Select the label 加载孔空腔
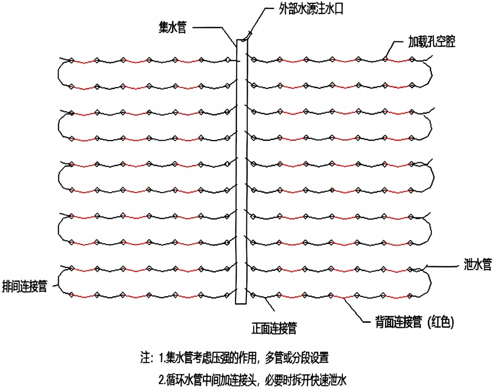(x=431, y=43)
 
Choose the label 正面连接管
(x=274, y=329)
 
